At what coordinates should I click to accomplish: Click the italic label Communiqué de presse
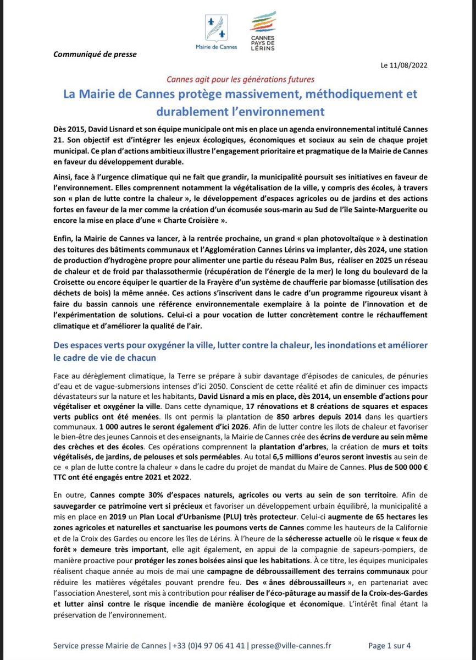click(x=95, y=54)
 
